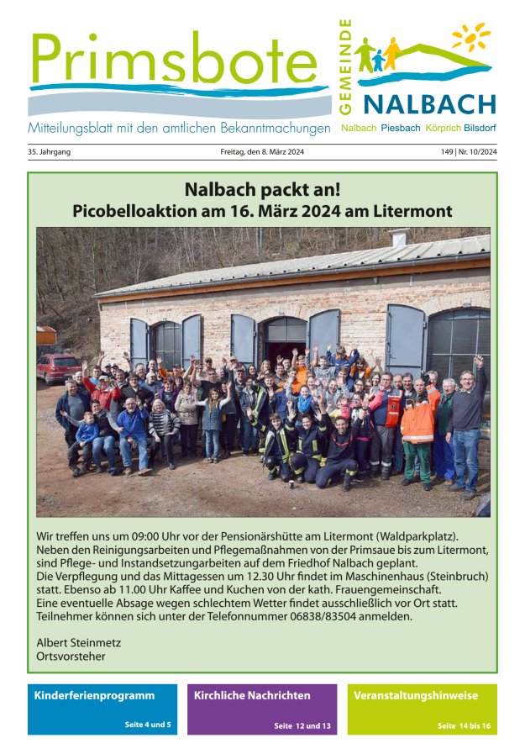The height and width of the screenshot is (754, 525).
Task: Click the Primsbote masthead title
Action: point(168,61)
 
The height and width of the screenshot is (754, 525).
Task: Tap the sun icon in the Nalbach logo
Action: point(470,36)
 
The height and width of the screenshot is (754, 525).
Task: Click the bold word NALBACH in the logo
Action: point(429,104)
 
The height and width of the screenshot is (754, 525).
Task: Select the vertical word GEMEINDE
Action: point(344,67)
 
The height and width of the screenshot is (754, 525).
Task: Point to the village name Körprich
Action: point(443,128)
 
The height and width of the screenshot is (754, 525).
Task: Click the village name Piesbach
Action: point(400,128)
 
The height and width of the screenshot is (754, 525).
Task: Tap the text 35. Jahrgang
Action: point(50,152)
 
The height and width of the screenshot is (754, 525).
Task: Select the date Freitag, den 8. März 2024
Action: point(262,152)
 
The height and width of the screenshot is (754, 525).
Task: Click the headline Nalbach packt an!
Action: point(262,189)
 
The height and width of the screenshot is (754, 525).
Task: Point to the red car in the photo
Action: point(58,367)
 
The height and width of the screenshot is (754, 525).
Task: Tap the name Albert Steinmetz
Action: point(79,642)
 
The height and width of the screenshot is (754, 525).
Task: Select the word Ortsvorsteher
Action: point(71,656)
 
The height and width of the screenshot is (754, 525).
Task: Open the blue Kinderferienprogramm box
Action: point(102,709)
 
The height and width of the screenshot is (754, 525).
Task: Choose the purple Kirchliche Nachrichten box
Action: point(262,709)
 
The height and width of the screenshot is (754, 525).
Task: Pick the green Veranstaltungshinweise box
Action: point(422,709)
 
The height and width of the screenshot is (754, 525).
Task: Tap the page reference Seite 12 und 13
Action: point(302,725)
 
